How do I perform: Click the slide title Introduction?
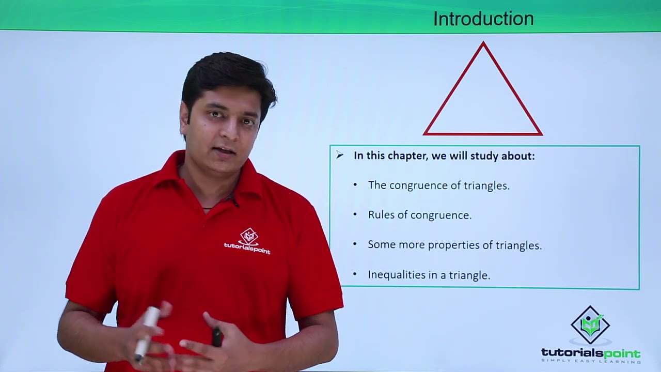(x=483, y=19)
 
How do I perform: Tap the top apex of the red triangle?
(x=483, y=43)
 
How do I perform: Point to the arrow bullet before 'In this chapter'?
(x=339, y=155)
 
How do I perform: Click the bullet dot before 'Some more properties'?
(x=355, y=244)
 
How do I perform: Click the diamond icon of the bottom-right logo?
(x=590, y=325)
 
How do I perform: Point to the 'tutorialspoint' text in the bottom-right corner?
(x=590, y=353)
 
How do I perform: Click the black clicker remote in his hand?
(x=217, y=337)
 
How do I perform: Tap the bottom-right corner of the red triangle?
(x=541, y=134)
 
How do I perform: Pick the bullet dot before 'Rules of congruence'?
(x=355, y=214)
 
